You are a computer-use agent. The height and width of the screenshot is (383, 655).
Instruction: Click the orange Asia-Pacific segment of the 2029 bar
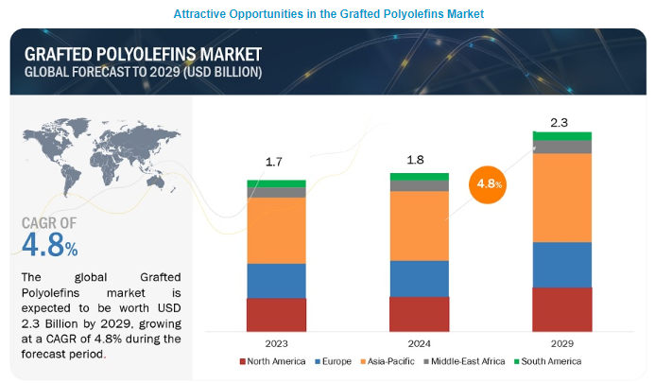pyautogui.click(x=561, y=198)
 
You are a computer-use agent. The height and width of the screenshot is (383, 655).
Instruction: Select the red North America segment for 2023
pyautogui.click(x=276, y=314)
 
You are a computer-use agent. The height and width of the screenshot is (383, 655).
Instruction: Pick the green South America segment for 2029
pyautogui.click(x=561, y=136)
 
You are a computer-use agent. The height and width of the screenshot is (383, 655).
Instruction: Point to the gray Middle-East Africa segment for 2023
pyautogui.click(x=276, y=192)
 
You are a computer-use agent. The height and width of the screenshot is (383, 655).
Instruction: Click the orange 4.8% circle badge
pyautogui.click(x=489, y=184)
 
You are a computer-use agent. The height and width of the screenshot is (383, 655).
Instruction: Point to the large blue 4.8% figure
pyautogui.click(x=49, y=246)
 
